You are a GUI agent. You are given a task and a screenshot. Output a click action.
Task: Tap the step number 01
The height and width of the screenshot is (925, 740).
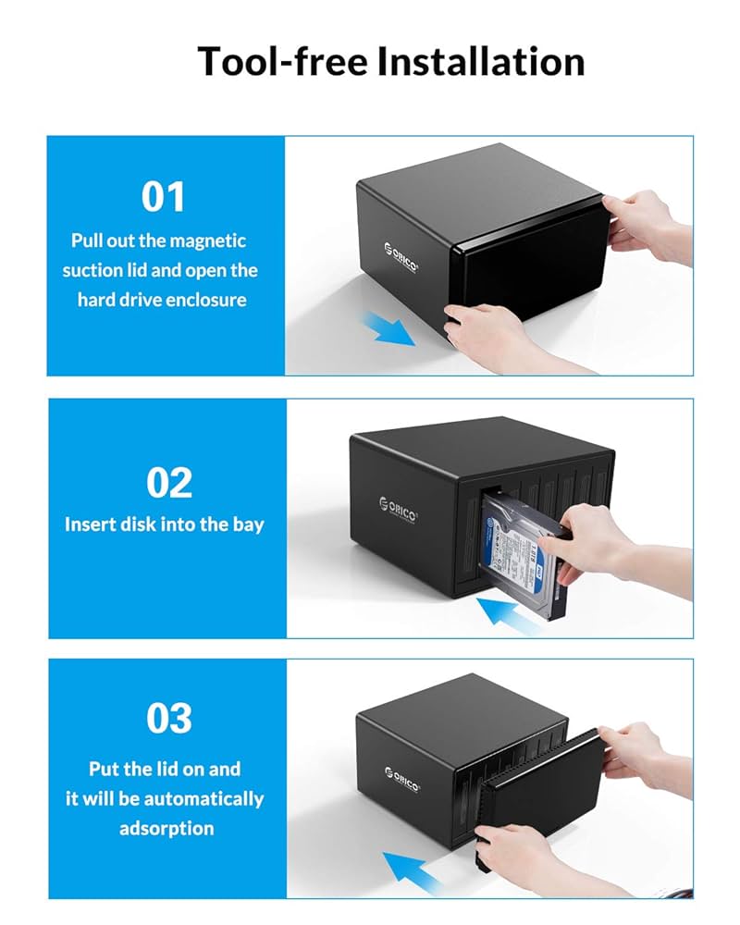pyautogui.click(x=164, y=196)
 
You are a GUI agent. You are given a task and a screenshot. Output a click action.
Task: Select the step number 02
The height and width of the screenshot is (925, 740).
pyautogui.click(x=168, y=482)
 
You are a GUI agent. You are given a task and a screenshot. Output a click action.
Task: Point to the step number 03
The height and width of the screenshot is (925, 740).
pyautogui.click(x=168, y=719)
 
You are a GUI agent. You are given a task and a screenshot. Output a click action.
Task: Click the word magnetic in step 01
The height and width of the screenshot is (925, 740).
pyautogui.click(x=208, y=240)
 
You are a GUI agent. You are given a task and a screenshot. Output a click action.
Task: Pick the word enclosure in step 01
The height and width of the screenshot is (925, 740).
pyautogui.click(x=208, y=300)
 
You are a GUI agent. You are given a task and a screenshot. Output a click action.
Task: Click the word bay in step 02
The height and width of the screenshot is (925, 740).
pyautogui.click(x=248, y=524)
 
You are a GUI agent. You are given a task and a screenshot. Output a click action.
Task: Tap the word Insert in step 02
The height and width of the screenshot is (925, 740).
pyautogui.click(x=90, y=524)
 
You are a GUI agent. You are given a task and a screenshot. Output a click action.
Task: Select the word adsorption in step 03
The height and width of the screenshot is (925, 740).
pyautogui.click(x=166, y=828)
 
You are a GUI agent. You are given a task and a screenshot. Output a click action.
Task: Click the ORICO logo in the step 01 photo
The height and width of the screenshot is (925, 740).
pyautogui.click(x=401, y=257)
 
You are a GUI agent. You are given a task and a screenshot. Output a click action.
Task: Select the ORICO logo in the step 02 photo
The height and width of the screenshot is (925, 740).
pyautogui.click(x=398, y=510)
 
